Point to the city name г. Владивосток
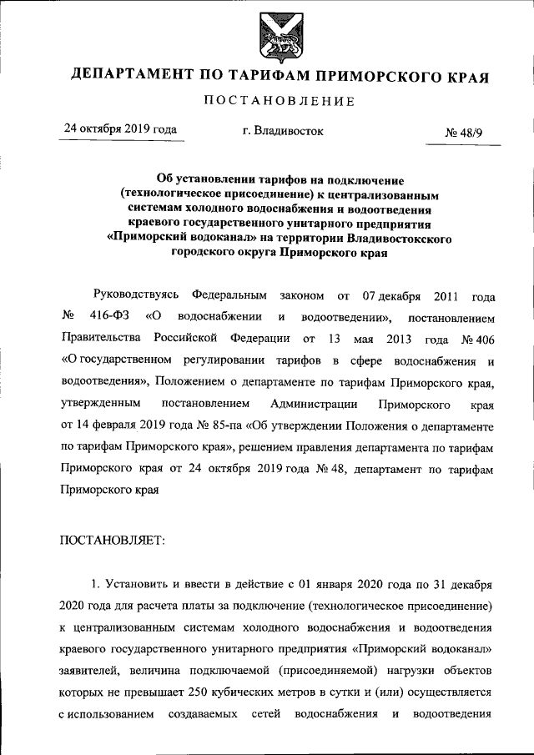tap(277, 131)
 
